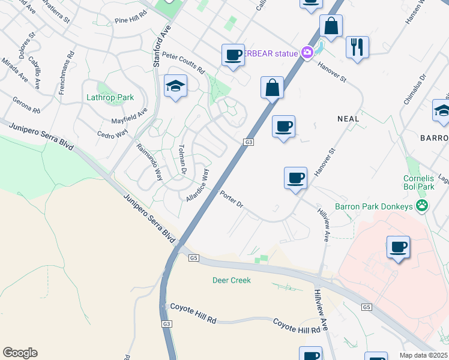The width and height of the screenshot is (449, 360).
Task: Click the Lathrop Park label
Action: tap(110, 97)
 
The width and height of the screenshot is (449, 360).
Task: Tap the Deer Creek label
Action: tap(231, 280)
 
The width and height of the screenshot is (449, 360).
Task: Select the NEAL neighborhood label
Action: tap(348, 119)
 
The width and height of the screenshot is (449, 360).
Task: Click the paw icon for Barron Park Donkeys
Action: tap(423, 206)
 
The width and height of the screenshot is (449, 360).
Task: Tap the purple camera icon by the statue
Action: tap(307, 53)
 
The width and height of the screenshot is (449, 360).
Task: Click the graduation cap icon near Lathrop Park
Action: tap(176, 86)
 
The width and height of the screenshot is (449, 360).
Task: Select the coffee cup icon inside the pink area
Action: tap(398, 247)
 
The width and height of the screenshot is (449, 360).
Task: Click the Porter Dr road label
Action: tap(231, 200)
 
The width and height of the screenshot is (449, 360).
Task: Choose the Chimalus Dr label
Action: tap(415, 88)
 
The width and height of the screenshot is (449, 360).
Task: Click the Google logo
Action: tap(20, 353)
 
